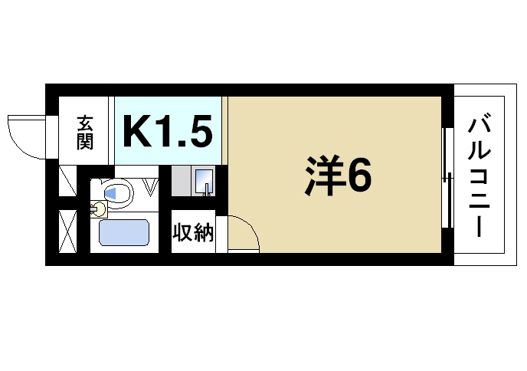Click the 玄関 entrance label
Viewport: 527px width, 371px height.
(84, 131)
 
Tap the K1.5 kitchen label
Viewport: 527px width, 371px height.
(168, 131)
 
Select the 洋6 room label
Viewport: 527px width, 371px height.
(337, 176)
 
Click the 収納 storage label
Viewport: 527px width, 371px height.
(192, 232)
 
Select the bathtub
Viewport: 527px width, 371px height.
(124, 233)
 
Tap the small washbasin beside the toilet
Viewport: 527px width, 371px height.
(97, 208)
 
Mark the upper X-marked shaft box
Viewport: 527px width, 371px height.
(67, 182)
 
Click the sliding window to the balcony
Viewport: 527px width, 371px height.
(447, 177)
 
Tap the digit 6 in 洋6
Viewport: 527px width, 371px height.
(359, 176)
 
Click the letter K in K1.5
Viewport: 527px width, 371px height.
(138, 131)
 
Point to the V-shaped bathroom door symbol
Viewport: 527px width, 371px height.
(151, 186)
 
